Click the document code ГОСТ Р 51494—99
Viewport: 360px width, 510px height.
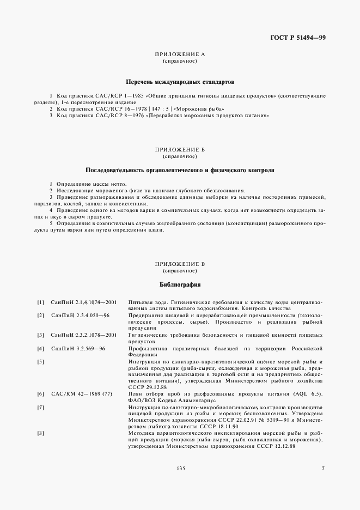(301, 38)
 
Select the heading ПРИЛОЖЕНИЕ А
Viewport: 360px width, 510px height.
(179, 55)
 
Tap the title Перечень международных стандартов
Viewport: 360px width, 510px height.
(179, 82)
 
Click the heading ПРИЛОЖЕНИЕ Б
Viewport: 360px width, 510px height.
(179, 149)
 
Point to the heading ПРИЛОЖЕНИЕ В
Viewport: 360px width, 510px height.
(179, 264)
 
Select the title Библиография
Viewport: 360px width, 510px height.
(180, 284)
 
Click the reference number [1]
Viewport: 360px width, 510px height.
(40, 302)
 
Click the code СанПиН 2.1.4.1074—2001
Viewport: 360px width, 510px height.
(84, 302)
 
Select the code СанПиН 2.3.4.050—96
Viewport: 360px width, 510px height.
(80, 315)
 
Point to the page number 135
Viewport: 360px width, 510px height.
(180, 483)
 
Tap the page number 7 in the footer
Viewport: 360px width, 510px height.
(322, 483)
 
